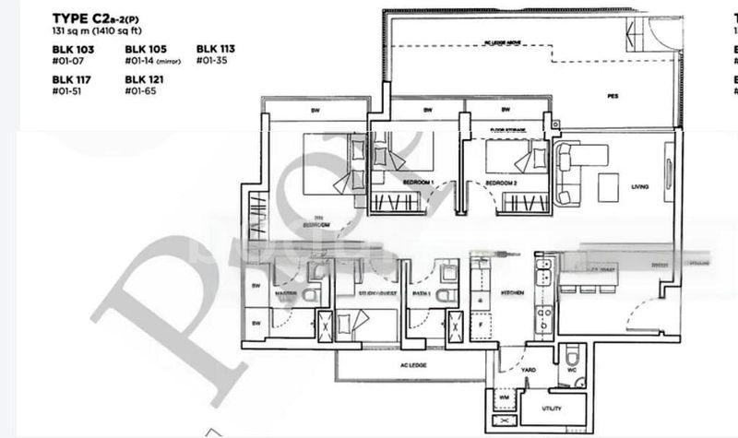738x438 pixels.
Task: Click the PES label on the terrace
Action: coord(612,95)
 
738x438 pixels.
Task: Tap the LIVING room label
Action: coord(639,187)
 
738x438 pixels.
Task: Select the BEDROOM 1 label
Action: coord(418,184)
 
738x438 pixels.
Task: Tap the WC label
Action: coord(572,370)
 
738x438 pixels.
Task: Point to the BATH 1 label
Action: coord(421,295)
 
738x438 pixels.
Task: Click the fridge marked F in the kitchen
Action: coord(480,325)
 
